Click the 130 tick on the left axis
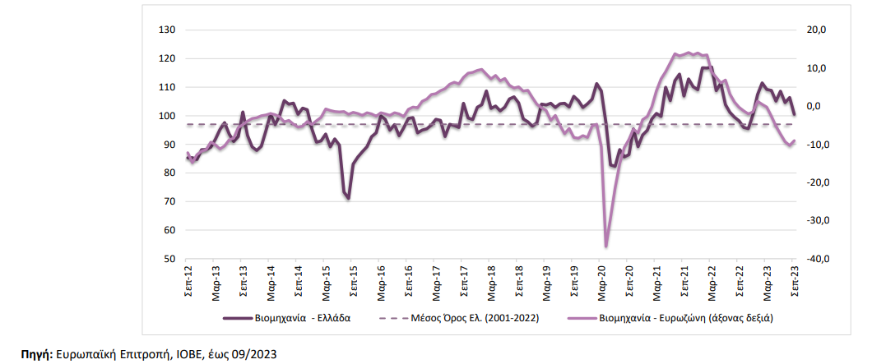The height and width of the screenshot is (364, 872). [x=168, y=30]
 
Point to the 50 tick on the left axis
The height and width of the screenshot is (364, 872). [x=170, y=259]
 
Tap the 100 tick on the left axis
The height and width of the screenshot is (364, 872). [x=168, y=116]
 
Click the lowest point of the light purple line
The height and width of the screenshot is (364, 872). [x=606, y=246]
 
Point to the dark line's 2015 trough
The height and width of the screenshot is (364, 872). [x=349, y=198]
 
